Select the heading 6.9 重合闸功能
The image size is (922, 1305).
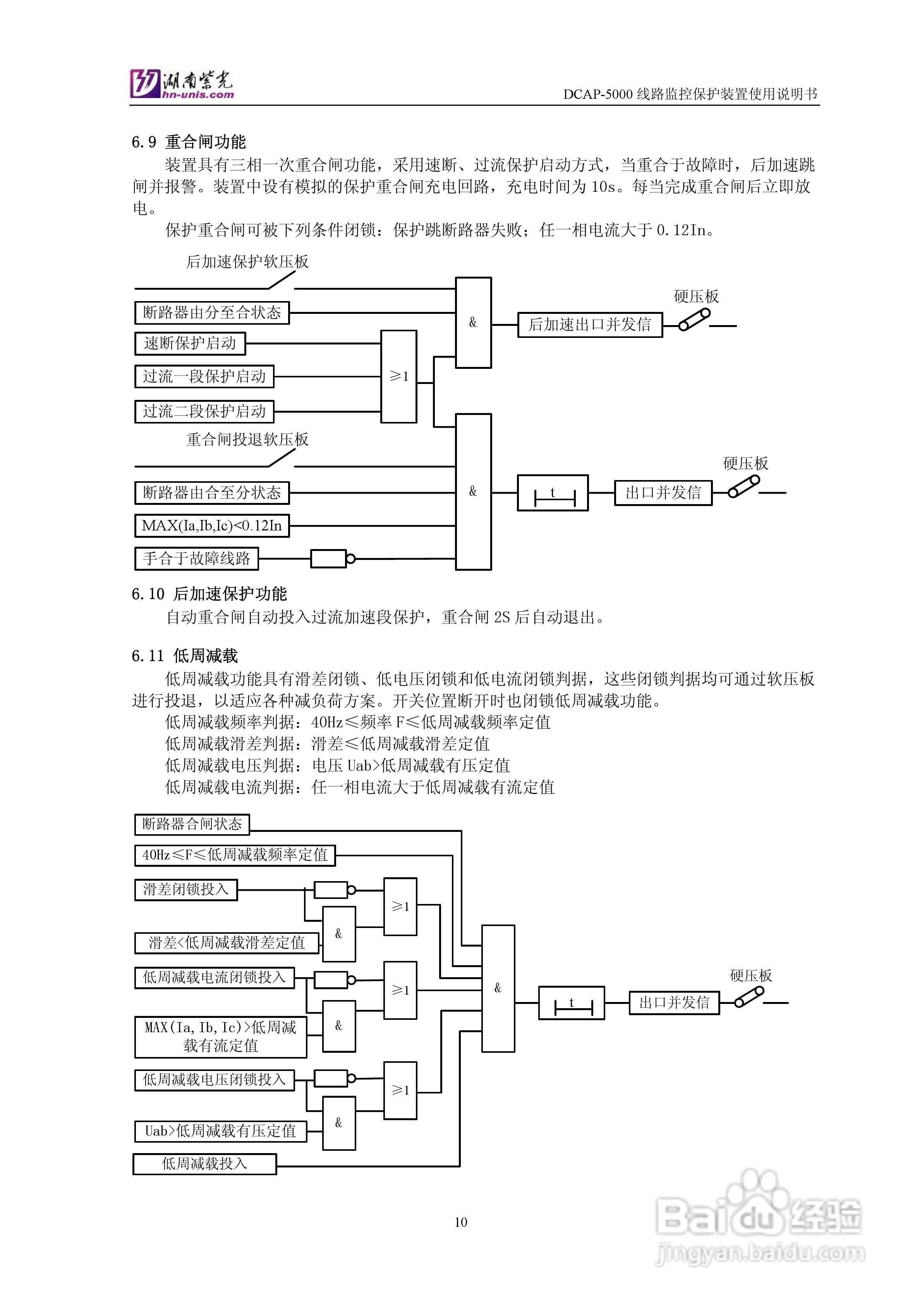[189, 141]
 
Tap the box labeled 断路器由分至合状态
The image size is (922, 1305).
[212, 313]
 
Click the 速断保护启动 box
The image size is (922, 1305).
[190, 343]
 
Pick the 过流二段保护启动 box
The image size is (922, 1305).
[204, 411]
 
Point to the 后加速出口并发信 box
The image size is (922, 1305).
[590, 325]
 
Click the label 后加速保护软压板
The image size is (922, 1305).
[247, 262]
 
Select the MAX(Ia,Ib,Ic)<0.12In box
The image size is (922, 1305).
[212, 526]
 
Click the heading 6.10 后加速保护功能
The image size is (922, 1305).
[209, 594]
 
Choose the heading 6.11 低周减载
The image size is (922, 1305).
[185, 656]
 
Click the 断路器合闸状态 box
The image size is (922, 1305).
[192, 824]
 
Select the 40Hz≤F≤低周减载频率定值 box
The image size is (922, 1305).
[235, 855]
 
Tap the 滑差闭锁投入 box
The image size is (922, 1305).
[186, 890]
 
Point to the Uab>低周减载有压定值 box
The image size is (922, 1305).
[220, 1131]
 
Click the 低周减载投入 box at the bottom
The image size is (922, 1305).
[204, 1164]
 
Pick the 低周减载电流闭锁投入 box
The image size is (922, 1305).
[214, 978]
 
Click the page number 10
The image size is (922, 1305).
[461, 1222]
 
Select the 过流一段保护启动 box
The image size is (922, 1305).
[204, 376]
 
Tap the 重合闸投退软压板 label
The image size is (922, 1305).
[247, 439]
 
